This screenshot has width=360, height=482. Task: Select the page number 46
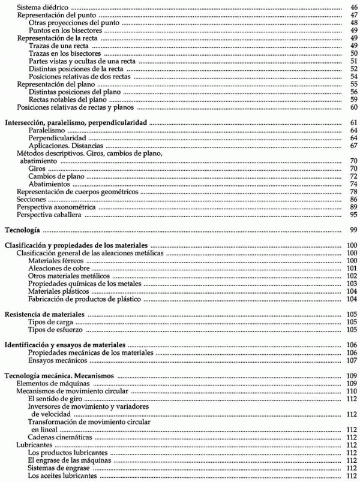[353, 7]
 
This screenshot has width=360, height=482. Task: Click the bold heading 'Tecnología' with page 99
[22, 230]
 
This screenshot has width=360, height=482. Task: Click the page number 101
[352, 269]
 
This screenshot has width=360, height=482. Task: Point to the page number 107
[352, 361]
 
